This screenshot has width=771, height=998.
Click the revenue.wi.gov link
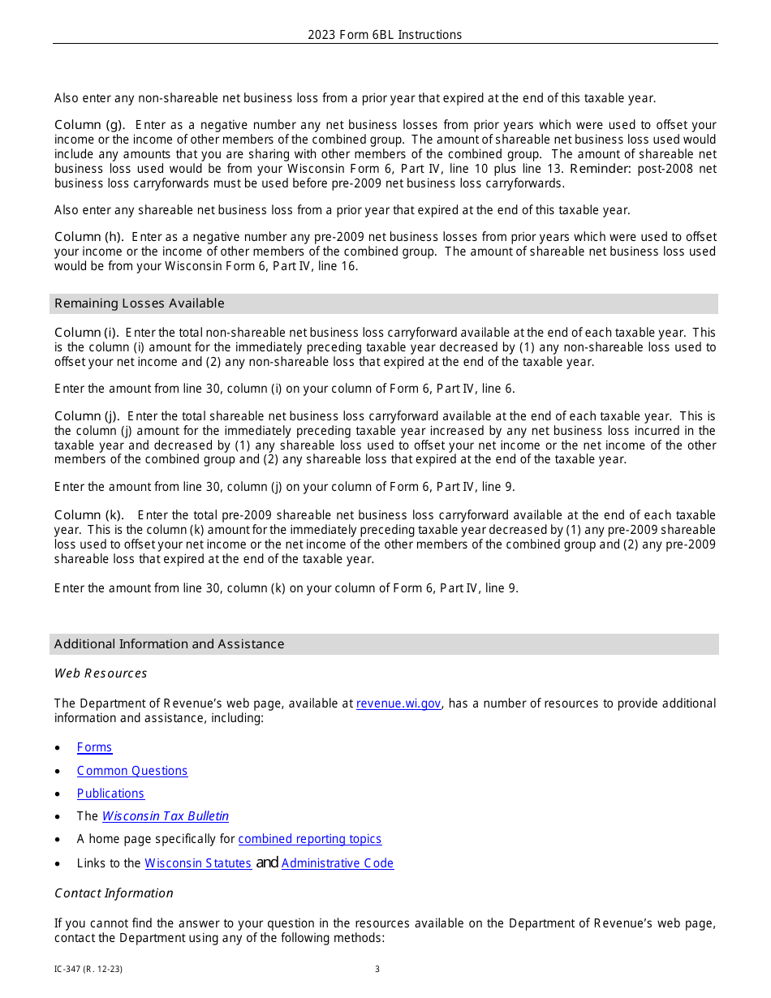click(x=398, y=703)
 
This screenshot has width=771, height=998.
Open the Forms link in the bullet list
click(x=94, y=747)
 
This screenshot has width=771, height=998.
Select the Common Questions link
click(x=131, y=771)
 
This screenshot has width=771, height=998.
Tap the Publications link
click(x=110, y=794)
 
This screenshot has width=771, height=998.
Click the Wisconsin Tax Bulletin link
click(x=165, y=816)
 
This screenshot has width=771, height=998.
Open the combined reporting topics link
click(x=309, y=839)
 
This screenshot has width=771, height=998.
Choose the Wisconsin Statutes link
click(x=198, y=863)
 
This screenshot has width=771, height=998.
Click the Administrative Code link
click(x=337, y=863)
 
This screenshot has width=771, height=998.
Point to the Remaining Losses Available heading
click(x=139, y=303)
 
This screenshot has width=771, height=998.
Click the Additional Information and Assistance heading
click(x=169, y=644)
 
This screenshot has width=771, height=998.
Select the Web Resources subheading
click(x=101, y=673)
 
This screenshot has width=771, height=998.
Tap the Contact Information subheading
click(x=114, y=893)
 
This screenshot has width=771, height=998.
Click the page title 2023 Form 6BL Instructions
click(x=385, y=35)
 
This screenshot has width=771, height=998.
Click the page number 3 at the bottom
click(x=377, y=969)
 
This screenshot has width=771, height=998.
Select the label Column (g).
click(x=89, y=125)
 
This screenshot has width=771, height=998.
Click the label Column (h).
click(x=89, y=237)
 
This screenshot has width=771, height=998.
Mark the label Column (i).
click(x=87, y=333)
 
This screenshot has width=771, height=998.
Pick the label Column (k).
click(x=89, y=515)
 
